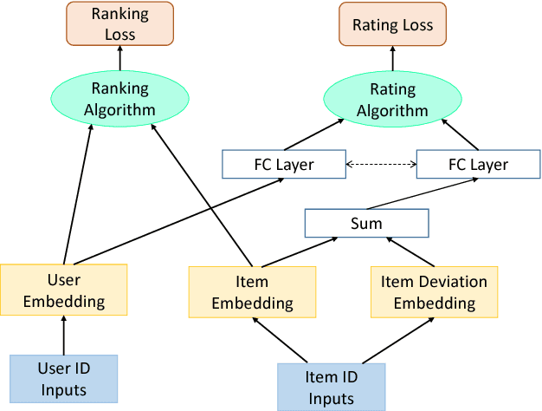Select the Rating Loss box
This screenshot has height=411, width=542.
(x=392, y=25)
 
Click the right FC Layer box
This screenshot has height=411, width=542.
(x=474, y=164)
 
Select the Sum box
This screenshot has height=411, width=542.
(x=366, y=223)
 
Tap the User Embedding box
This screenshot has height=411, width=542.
(x=63, y=290)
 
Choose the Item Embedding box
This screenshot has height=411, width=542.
(x=252, y=292)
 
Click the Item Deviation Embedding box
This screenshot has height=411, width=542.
(x=434, y=292)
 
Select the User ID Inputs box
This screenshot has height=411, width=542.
(x=63, y=378)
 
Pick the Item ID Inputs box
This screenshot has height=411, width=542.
(x=330, y=387)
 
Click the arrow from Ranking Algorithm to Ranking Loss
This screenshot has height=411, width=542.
(x=121, y=60)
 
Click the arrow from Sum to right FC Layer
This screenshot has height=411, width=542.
(x=424, y=194)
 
